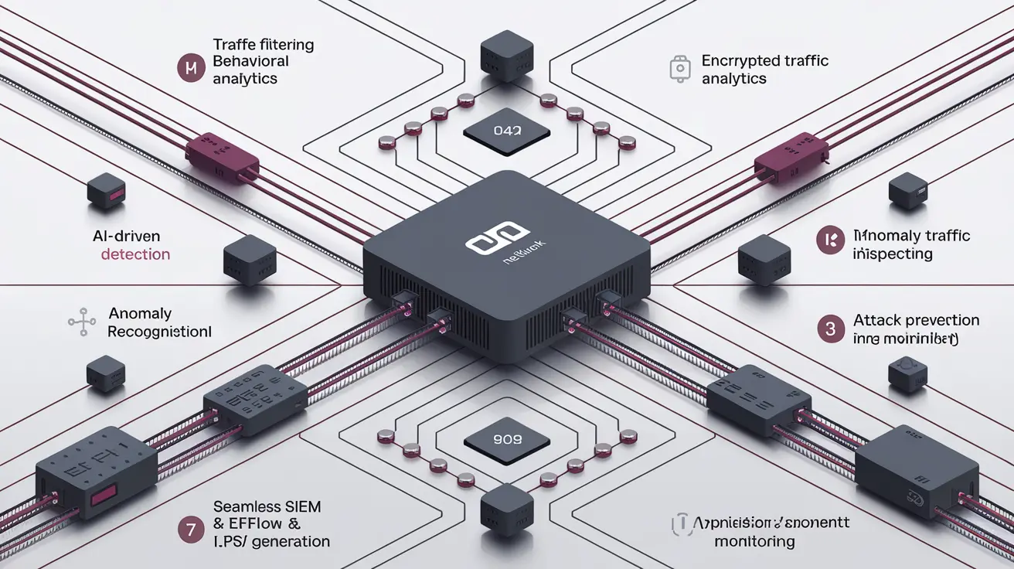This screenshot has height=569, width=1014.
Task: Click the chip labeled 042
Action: pyautogui.click(x=507, y=132)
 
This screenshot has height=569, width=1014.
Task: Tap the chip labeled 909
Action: pyautogui.click(x=507, y=439)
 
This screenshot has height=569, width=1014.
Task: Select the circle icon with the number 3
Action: pyautogui.click(x=830, y=329)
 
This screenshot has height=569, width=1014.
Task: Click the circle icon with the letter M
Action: pyautogui.click(x=189, y=69)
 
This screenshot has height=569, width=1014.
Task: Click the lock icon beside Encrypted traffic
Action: pyautogui.click(x=678, y=69)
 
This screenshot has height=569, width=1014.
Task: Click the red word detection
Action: pyautogui.click(x=135, y=254)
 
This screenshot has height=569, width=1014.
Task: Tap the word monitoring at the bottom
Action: pyautogui.click(x=754, y=541)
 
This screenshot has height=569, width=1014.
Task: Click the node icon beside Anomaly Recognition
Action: pyautogui.click(x=81, y=322)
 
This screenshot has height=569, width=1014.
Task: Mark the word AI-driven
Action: pyautogui.click(x=124, y=235)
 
